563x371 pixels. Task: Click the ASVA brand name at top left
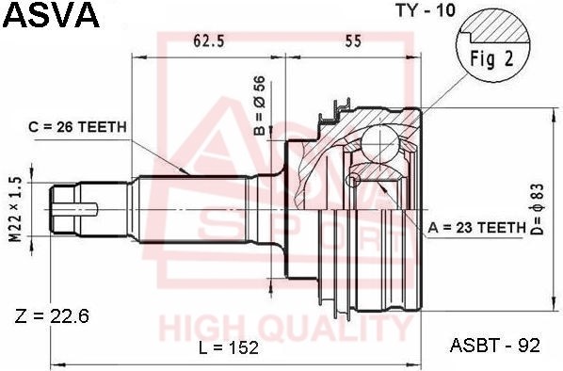coord(51,15)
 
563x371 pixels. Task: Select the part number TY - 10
coord(426,10)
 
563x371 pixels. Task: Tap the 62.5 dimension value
coord(208,41)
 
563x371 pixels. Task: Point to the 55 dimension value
coord(353,41)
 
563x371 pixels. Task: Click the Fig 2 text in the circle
coord(492,58)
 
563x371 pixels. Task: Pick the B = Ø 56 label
coord(259,105)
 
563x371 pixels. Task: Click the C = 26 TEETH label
coord(77,127)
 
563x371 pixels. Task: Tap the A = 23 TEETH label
coord(476,227)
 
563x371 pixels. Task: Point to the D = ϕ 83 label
coord(538,209)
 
